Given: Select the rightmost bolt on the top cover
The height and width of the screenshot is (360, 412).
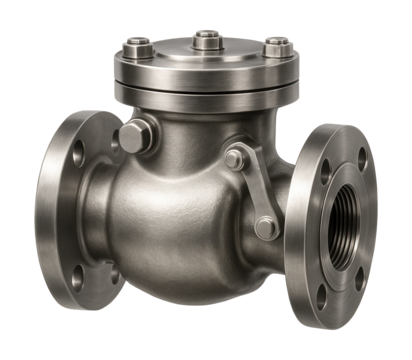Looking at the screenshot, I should [272, 45].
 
